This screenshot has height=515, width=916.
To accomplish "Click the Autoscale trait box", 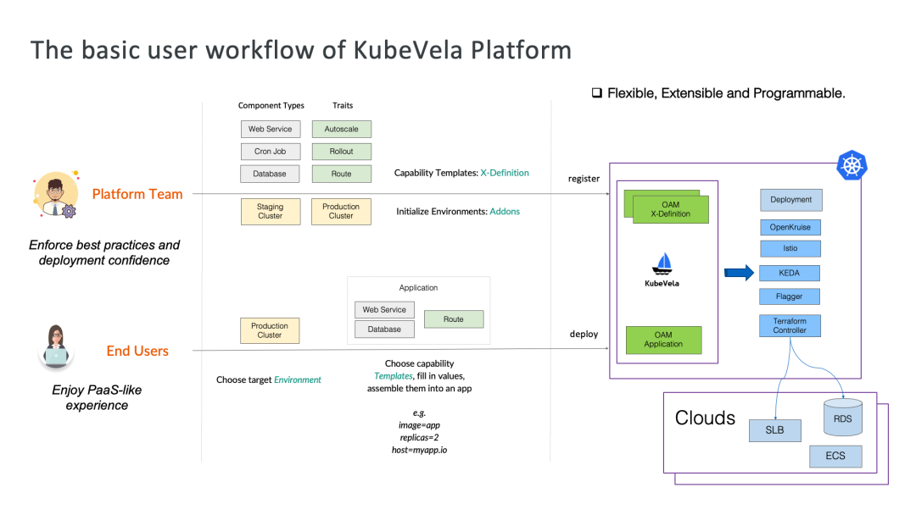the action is pos(341,129).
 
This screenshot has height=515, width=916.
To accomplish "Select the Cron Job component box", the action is pos(271,152).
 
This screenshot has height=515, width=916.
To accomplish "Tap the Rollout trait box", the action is pos(341,152).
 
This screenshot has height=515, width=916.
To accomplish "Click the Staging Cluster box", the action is pos(271,211).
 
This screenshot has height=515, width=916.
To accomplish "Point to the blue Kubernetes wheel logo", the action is pos(852,165).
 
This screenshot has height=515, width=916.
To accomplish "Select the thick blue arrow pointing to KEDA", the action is pos(739,273).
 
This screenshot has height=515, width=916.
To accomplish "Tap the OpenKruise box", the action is pos(790,227).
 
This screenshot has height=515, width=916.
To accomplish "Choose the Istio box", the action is pos(790,248).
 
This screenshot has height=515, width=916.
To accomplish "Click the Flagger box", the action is pos(790,296).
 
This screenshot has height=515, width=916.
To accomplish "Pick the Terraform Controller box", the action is pos(790,325).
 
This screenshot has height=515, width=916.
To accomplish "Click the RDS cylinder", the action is pos(842,417).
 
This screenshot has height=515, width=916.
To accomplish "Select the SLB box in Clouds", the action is pos(774,430).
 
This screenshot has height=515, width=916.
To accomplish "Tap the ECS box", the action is pos(835,456).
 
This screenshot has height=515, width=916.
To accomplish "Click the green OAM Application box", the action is pos(663,340).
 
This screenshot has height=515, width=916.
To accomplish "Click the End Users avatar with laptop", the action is pos(56,347).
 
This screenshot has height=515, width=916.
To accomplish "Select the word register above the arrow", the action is pos(584,179).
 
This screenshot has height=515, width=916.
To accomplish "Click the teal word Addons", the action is pos(505,211).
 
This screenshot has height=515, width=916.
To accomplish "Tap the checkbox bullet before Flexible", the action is pos(596,92).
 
